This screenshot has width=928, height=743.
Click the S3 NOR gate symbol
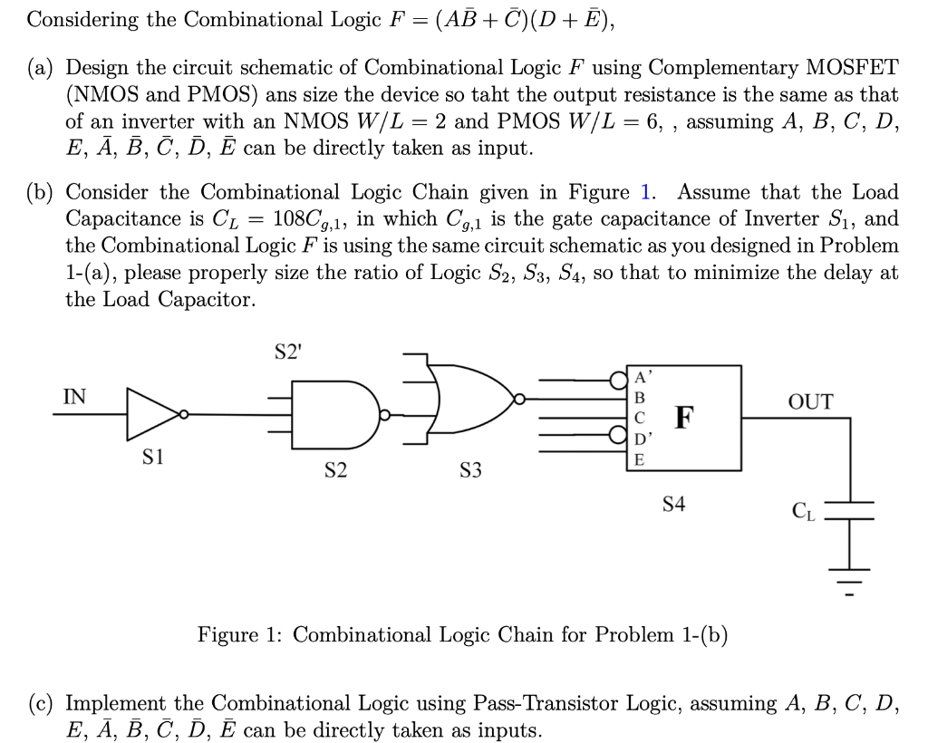[x=468, y=399]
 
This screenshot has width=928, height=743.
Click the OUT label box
[x=810, y=401]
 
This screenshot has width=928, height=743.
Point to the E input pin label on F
[x=641, y=459]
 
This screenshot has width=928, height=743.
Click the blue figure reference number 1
[x=645, y=192]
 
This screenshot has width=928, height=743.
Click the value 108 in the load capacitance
[x=293, y=219]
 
